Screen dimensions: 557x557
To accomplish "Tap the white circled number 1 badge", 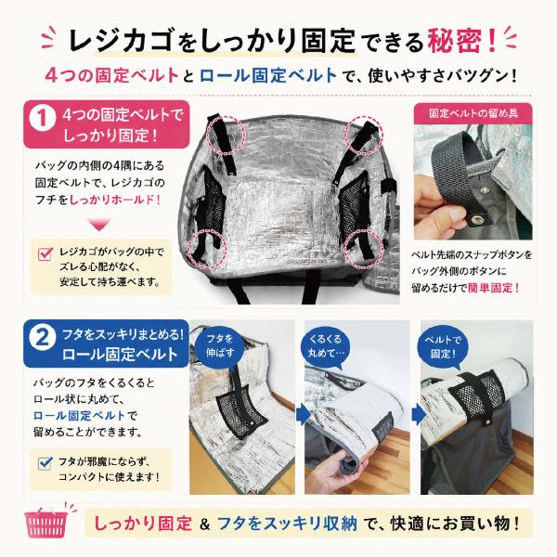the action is [43, 119].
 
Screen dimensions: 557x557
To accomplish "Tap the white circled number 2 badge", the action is [43, 338].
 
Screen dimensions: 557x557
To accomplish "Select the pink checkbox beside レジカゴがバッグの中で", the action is [45, 253].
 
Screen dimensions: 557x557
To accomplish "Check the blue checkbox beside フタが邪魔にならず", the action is [45, 462].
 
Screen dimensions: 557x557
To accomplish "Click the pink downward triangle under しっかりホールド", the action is [99, 225].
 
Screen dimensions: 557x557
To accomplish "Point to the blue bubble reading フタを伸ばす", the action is [220, 347].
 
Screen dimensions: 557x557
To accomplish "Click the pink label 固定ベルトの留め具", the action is [473, 113].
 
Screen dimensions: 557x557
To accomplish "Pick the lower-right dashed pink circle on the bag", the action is [365, 247].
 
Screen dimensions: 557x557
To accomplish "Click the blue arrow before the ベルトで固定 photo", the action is [418, 414].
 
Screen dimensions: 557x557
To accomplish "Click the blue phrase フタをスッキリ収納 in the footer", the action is [287, 524].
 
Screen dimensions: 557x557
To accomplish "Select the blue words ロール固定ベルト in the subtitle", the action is [268, 75].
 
